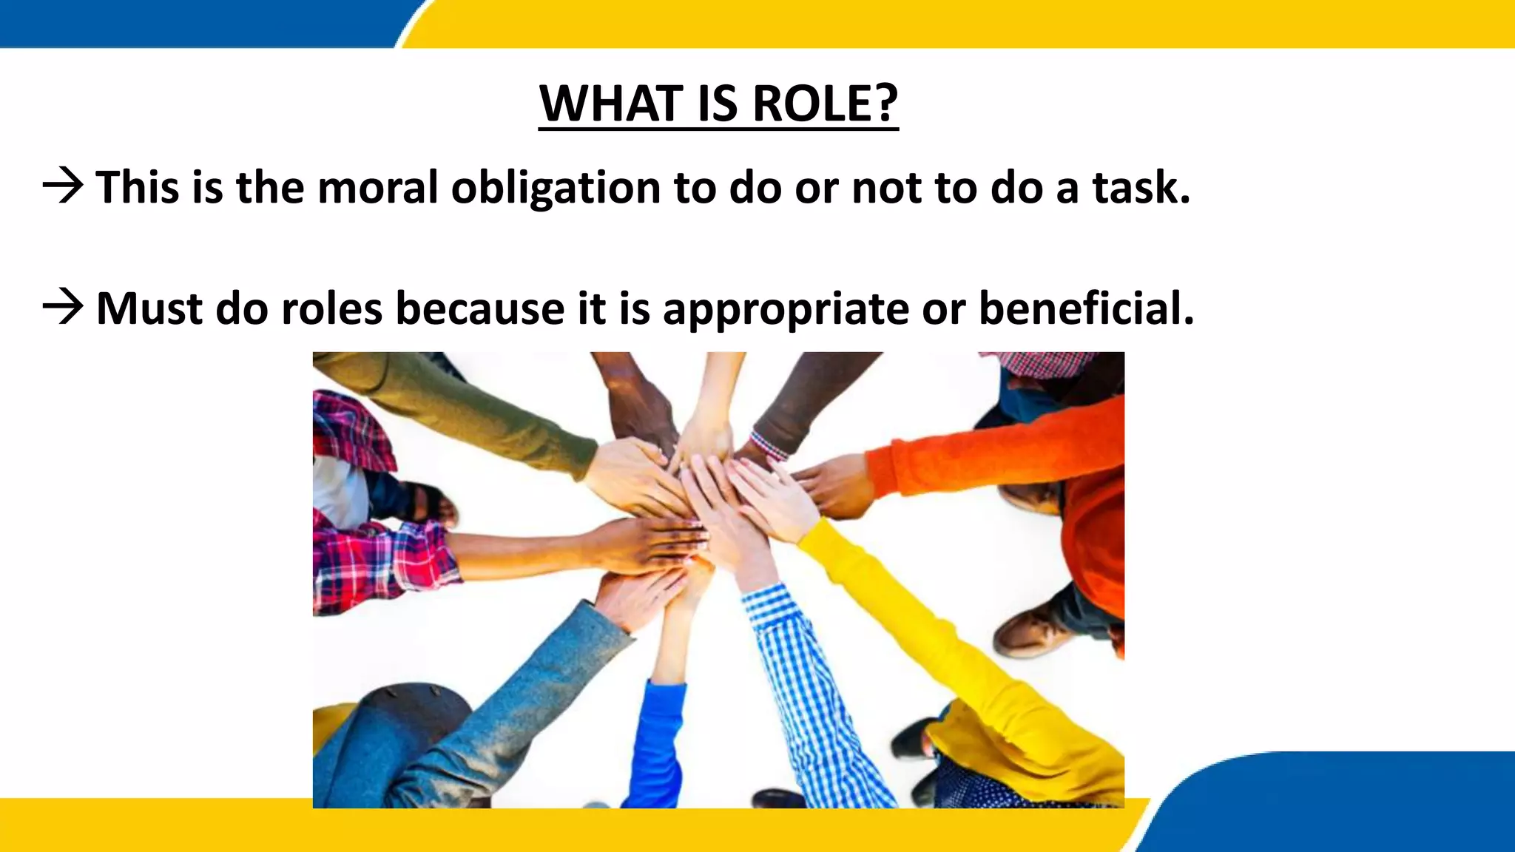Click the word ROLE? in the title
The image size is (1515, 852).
click(x=824, y=104)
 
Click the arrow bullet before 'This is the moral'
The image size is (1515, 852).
click(x=63, y=186)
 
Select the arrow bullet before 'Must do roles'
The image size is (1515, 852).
click(x=63, y=307)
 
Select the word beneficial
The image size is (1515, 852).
click(x=1086, y=308)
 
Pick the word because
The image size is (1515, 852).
click(x=481, y=308)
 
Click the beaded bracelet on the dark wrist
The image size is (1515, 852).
click(x=768, y=444)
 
